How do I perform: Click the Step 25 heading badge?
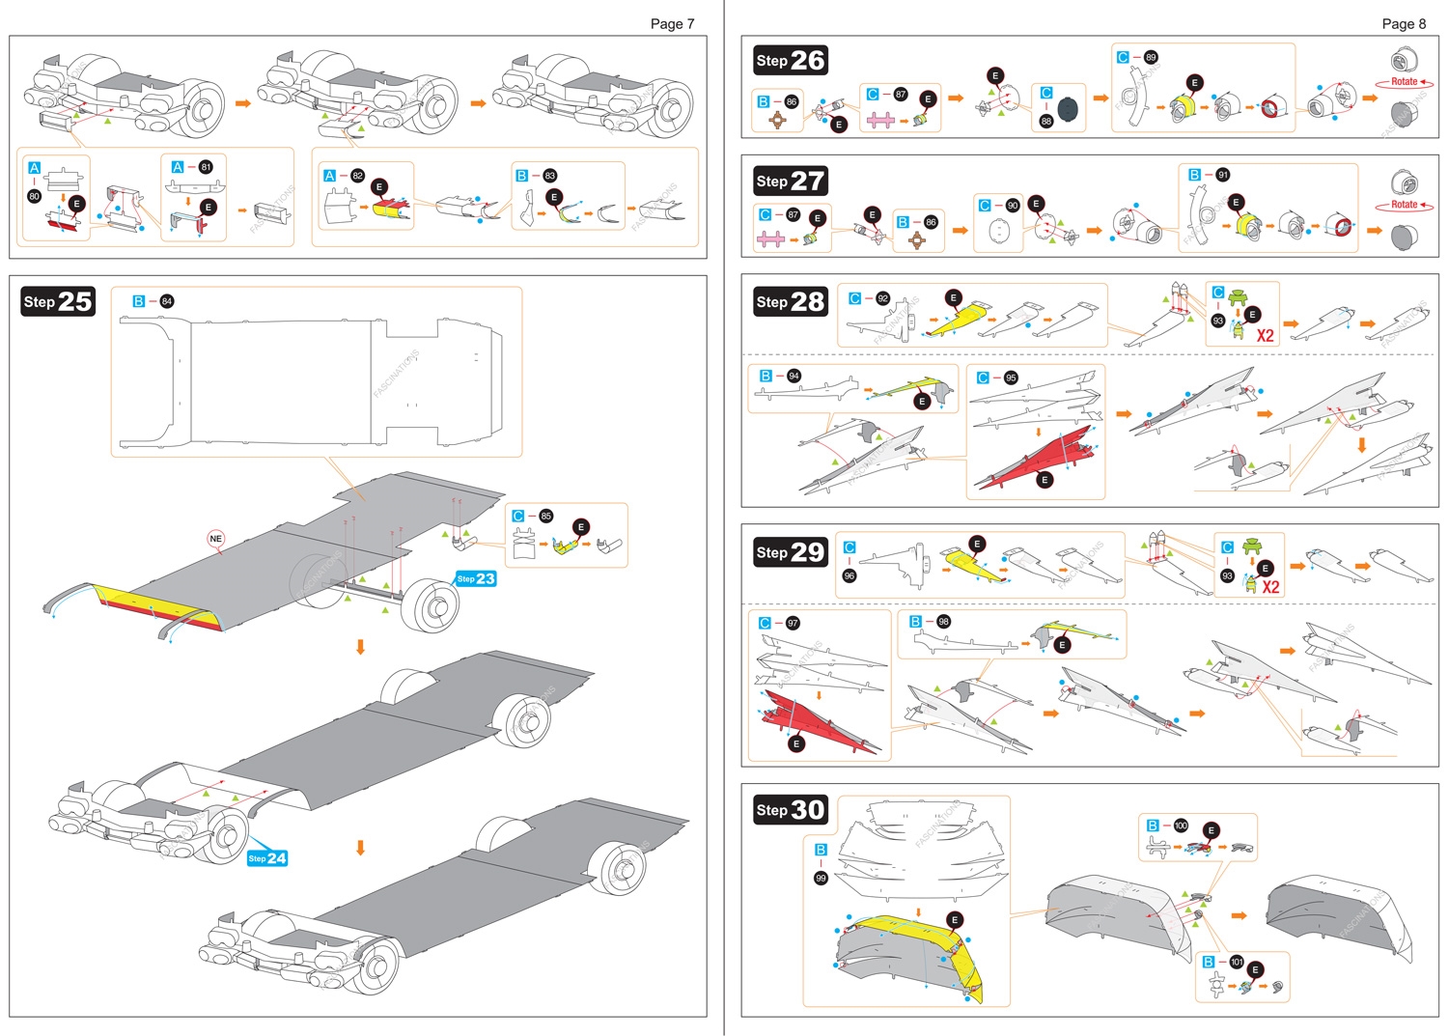pos(58,302)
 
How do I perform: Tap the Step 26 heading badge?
pos(791,61)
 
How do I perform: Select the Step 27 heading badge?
pos(791,182)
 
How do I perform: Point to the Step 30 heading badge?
pos(791,810)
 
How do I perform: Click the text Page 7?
pos(672,24)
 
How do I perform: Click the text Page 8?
pos(1404,24)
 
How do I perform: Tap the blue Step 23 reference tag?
pos(476,579)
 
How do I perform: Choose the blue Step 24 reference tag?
pos(267,858)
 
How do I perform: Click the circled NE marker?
pos(215,539)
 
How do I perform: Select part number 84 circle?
pos(167,301)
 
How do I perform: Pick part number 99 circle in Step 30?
pos(821,879)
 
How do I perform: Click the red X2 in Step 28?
pos(1266,336)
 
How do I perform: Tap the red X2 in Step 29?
pos(1270,587)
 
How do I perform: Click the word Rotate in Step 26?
pos(1405,82)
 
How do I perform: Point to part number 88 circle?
pos(1046,122)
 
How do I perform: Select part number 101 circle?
pos(1237,962)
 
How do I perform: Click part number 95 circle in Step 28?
pos(1011,378)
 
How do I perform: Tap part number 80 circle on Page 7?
pos(35,196)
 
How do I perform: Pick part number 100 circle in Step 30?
pos(1181,826)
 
